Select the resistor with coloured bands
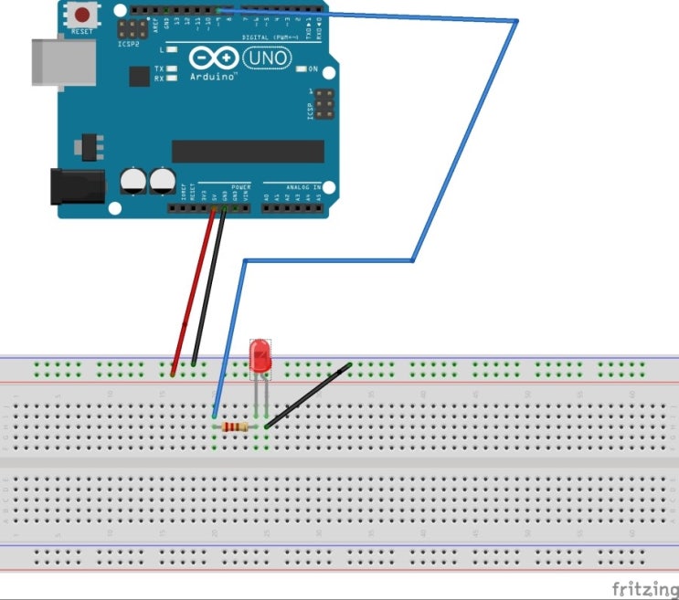(239, 426)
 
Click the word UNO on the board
(267, 58)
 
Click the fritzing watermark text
(644, 585)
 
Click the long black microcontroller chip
(248, 151)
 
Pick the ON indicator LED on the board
(302, 69)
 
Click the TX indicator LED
(172, 69)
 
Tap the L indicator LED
(172, 50)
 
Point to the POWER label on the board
(240, 186)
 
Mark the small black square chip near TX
(139, 76)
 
